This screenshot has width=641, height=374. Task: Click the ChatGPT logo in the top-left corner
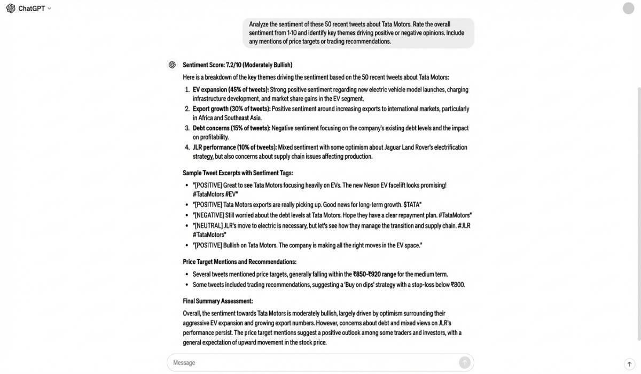pyautogui.click(x=11, y=9)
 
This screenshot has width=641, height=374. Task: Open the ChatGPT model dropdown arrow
pyautogui.click(x=50, y=9)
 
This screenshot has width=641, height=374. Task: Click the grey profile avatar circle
pyautogui.click(x=628, y=9)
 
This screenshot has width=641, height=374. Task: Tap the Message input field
pyautogui.click(x=310, y=363)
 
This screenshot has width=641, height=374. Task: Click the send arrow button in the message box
pyautogui.click(x=464, y=363)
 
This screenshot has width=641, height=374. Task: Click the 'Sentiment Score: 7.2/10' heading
pyautogui.click(x=238, y=65)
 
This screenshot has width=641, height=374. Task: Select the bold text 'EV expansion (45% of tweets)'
pyautogui.click(x=231, y=90)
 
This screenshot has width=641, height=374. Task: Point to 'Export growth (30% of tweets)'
pyautogui.click(x=231, y=109)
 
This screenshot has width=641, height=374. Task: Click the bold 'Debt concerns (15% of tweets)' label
pyautogui.click(x=231, y=128)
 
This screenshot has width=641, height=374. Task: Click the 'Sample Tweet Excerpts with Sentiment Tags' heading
pyautogui.click(x=238, y=173)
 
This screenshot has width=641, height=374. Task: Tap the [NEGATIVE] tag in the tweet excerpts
pyautogui.click(x=209, y=215)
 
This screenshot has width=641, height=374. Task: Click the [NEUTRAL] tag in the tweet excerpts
pyautogui.click(x=208, y=226)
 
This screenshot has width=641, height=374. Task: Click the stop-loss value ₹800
pyautogui.click(x=458, y=285)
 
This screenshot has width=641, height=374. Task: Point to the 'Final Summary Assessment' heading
pyautogui.click(x=217, y=301)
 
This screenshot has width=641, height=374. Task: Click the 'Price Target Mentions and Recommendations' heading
pyautogui.click(x=239, y=262)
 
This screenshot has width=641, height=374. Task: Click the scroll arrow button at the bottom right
pyautogui.click(x=629, y=364)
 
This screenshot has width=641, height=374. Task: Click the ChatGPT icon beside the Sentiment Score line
pyautogui.click(x=172, y=65)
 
